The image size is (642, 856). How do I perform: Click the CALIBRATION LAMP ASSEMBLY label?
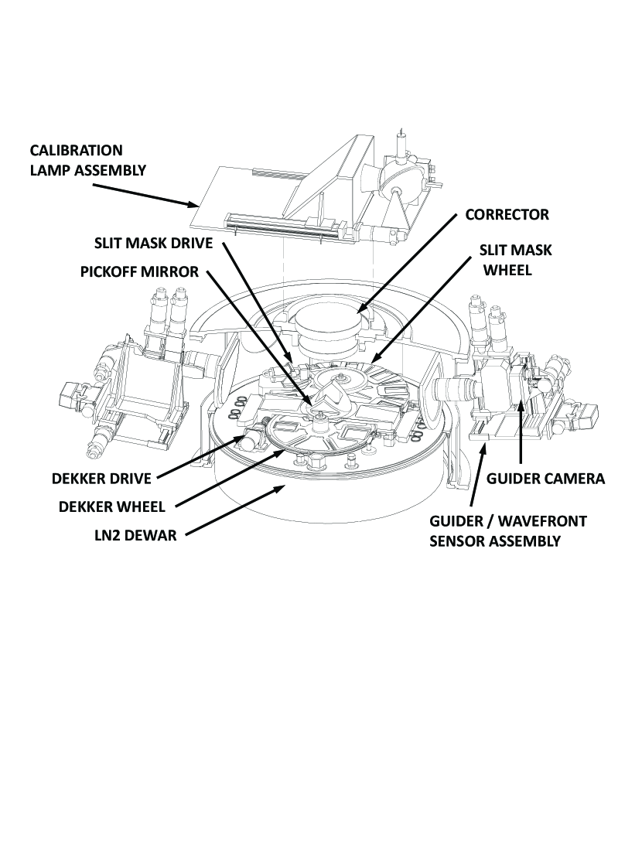click(87, 160)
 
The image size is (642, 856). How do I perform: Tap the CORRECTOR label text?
click(507, 215)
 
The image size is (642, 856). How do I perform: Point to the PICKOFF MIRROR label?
click(139, 273)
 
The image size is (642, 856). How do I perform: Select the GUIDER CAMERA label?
click(545, 479)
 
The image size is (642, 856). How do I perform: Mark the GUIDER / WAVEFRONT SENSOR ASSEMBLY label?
click(507, 530)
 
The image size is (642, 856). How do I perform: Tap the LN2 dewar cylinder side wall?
click(325, 510)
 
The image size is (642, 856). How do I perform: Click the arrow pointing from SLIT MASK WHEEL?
click(425, 317)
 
